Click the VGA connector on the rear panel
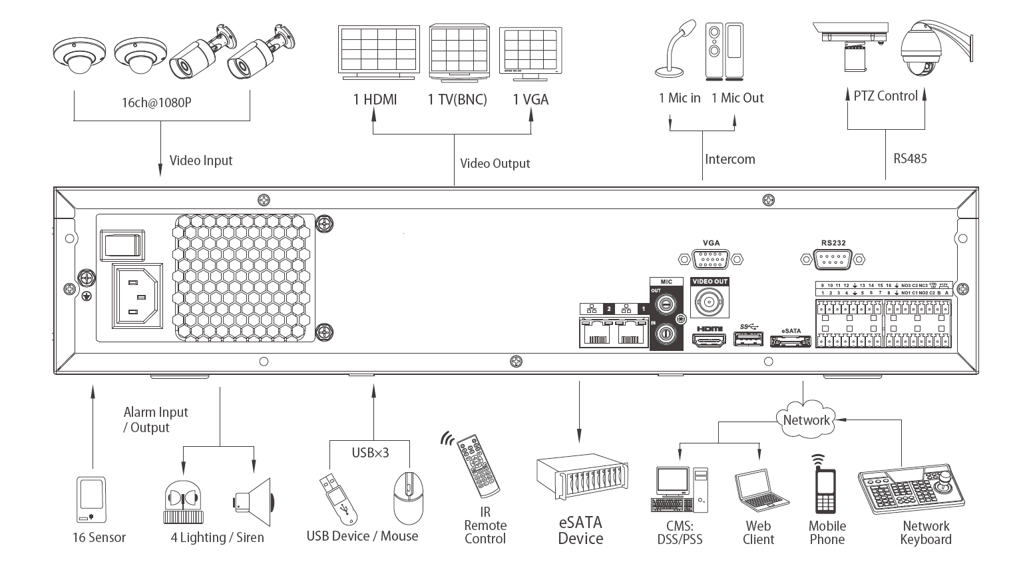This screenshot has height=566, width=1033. coord(710,259)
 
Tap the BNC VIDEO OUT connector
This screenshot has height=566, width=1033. coord(710,302)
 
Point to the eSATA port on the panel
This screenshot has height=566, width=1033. coord(790,341)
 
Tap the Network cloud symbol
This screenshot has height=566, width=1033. coord(806,419)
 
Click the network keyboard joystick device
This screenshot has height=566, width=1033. coord(913,490)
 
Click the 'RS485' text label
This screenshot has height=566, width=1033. coord(910,158)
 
